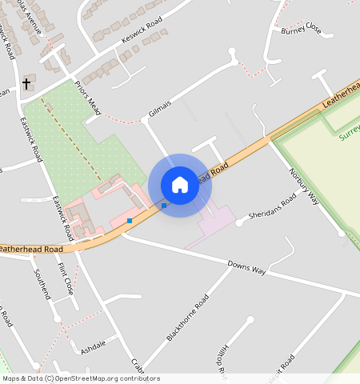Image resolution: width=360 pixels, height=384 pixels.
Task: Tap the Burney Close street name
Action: click(x=301, y=30)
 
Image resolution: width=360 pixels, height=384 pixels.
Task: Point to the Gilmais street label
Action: click(x=160, y=108)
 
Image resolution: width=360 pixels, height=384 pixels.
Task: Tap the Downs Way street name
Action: click(x=246, y=267)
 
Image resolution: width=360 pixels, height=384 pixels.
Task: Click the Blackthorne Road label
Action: click(x=187, y=318)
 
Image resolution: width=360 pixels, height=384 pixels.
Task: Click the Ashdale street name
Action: click(x=94, y=349)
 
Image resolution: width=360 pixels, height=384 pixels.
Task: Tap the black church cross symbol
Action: click(x=26, y=83)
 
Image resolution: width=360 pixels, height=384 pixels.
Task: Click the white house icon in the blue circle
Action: click(x=180, y=185)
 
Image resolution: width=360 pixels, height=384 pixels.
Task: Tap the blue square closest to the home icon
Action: click(x=164, y=206)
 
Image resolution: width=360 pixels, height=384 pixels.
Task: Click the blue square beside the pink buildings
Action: click(x=130, y=220)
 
